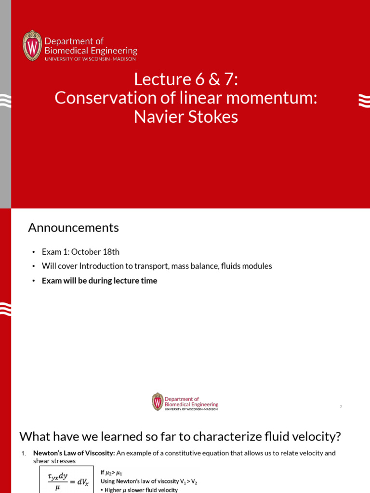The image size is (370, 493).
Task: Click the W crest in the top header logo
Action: pos(32,45)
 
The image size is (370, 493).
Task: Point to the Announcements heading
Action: pos(73,228)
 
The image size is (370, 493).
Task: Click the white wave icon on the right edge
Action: pos(364,100)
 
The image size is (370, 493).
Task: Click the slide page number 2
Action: pos(341,407)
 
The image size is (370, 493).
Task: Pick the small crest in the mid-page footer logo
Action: pos(158,402)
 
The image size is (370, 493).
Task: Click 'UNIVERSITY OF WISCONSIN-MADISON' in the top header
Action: pos(90,59)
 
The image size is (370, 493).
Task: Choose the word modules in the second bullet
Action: pos(258,266)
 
